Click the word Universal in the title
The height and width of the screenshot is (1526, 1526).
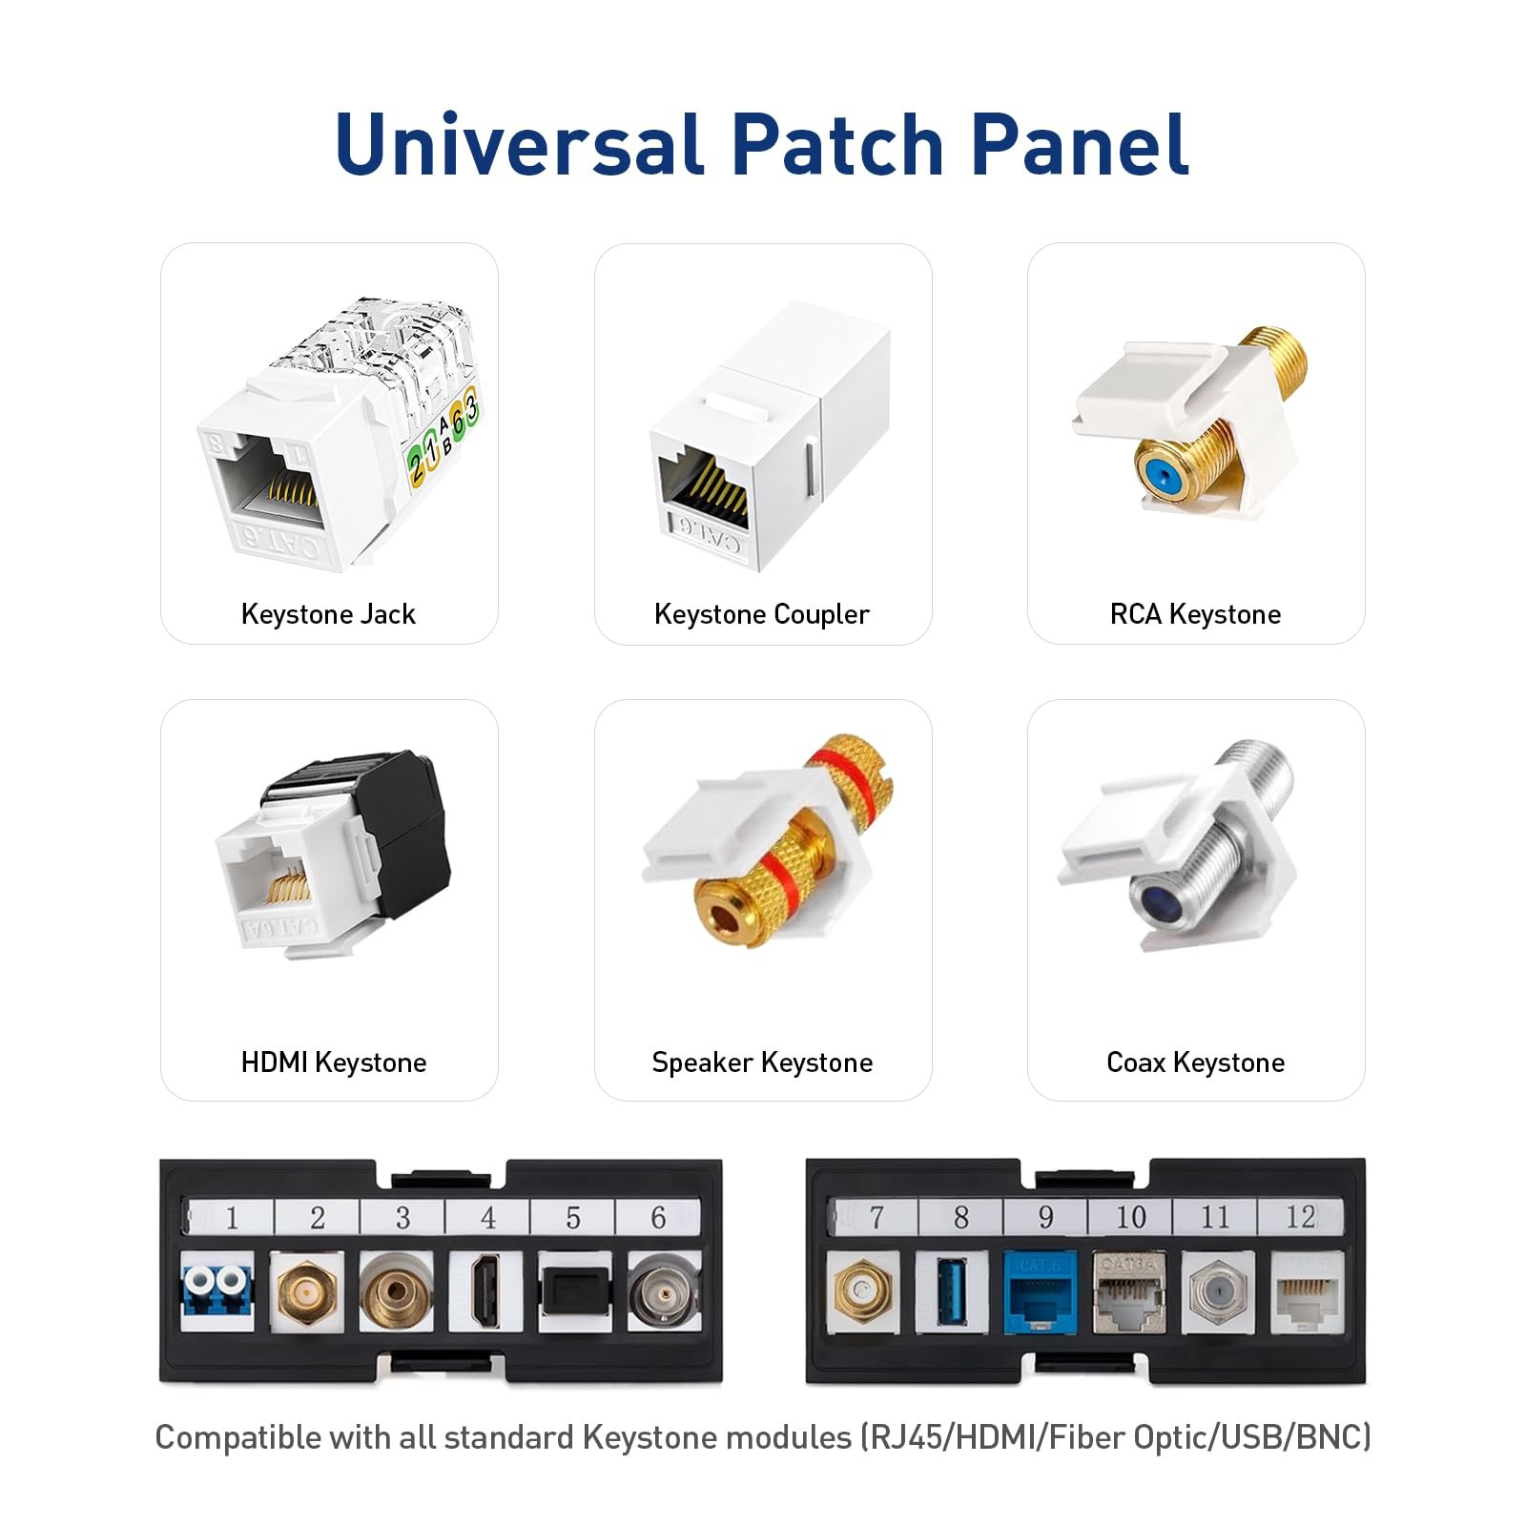[519, 145]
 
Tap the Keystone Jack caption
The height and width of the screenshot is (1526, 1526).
[328, 614]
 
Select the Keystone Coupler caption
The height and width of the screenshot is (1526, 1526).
[761, 614]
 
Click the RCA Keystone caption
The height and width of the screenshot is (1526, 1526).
[1195, 614]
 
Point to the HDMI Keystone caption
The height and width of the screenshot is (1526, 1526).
[333, 1062]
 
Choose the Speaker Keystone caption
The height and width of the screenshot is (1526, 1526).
[761, 1062]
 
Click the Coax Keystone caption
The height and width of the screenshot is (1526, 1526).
[1195, 1062]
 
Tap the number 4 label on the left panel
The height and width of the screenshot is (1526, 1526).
[488, 1218]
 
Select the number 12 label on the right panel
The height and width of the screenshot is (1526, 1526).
[1300, 1217]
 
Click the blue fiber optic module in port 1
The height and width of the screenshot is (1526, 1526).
[217, 1291]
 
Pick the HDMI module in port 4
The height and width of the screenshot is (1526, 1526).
[486, 1291]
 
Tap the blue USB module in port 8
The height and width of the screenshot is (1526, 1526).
[951, 1292]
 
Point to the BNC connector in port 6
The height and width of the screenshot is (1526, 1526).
[663, 1291]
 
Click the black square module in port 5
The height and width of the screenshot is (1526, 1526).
[574, 1291]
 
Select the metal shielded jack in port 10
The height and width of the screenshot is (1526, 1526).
[1129, 1293]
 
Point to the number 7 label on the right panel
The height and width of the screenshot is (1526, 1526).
[876, 1217]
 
